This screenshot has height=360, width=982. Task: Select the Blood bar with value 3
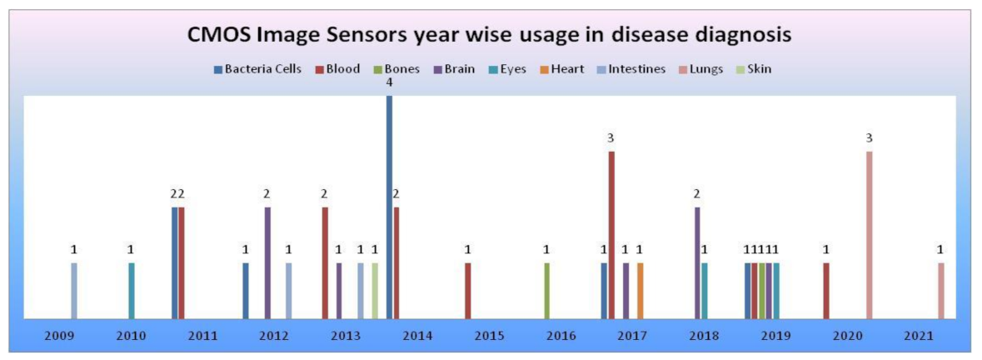[x=611, y=234]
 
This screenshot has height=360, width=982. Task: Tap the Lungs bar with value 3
[x=870, y=234]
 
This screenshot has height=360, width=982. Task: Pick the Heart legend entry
[x=567, y=69]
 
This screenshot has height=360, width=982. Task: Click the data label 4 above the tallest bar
[x=389, y=82]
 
